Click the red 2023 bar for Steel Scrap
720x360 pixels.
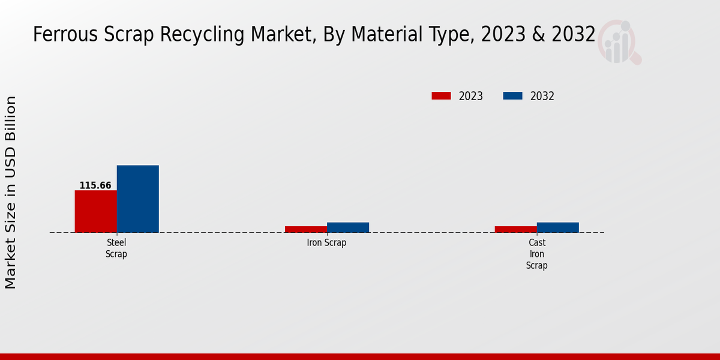[x=95, y=211]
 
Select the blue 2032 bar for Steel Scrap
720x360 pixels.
[x=137, y=199]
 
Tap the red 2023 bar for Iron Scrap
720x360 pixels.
[x=305, y=229]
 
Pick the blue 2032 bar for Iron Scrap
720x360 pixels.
[x=348, y=227]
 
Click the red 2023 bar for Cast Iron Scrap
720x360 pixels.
[x=515, y=229]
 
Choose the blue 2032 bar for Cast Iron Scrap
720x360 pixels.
[x=558, y=227]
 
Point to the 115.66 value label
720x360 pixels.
[x=95, y=185]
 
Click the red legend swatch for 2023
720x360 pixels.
[x=441, y=96]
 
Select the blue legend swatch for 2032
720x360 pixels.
[x=512, y=96]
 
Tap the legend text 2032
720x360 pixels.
[x=542, y=96]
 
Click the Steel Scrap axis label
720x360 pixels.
[x=116, y=248]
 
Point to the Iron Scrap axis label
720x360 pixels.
[x=326, y=243]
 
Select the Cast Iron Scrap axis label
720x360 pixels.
[x=537, y=254]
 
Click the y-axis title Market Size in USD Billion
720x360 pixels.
[x=11, y=192]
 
